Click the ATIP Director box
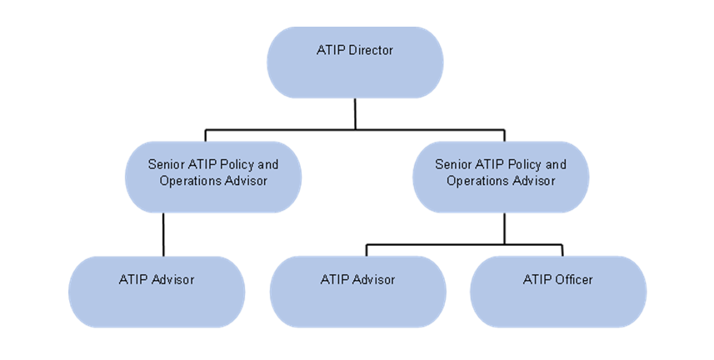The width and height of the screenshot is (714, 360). click(x=355, y=62)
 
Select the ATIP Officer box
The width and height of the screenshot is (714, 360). click(x=558, y=291)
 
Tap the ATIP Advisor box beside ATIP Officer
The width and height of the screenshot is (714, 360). click(x=357, y=291)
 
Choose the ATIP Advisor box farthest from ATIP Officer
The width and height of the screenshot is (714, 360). click(x=157, y=291)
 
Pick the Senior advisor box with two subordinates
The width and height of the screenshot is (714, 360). click(x=501, y=177)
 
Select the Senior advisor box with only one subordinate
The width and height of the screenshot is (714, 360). click(x=213, y=177)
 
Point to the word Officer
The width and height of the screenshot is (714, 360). click(x=574, y=279)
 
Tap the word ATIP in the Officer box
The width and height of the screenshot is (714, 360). click(x=537, y=279)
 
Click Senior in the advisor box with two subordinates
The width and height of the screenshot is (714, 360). click(x=453, y=165)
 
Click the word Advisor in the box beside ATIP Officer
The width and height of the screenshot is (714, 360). click(x=374, y=279)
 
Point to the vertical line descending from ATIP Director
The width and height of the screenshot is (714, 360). click(x=356, y=113)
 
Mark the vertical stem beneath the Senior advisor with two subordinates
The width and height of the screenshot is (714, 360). click(x=504, y=228)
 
